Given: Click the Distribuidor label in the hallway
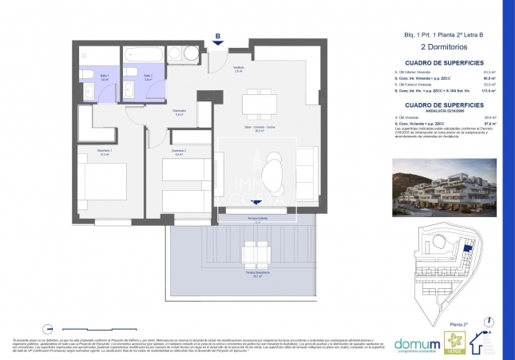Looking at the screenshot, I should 180,113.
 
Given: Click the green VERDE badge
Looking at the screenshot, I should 451,339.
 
